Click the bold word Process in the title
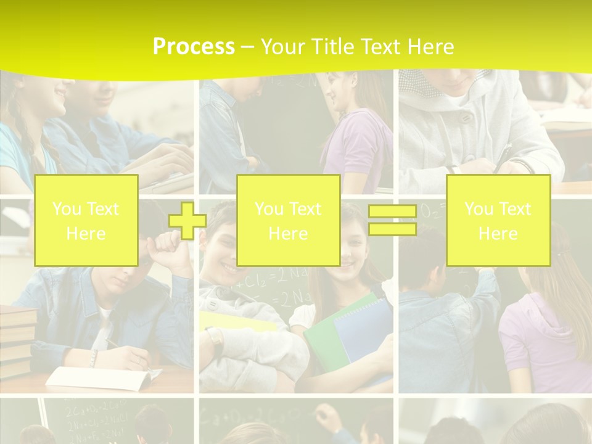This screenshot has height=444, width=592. pyautogui.click(x=194, y=47)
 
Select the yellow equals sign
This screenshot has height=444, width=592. pyautogui.click(x=392, y=220)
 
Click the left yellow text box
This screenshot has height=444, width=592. pyautogui.click(x=86, y=221)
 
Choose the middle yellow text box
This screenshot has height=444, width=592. pyautogui.click(x=289, y=221)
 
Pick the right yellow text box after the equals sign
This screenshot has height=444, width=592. pyautogui.click(x=498, y=221)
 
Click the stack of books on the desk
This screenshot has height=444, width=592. pyautogui.click(x=17, y=339)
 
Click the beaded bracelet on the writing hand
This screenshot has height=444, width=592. pyautogui.click(x=93, y=358)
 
